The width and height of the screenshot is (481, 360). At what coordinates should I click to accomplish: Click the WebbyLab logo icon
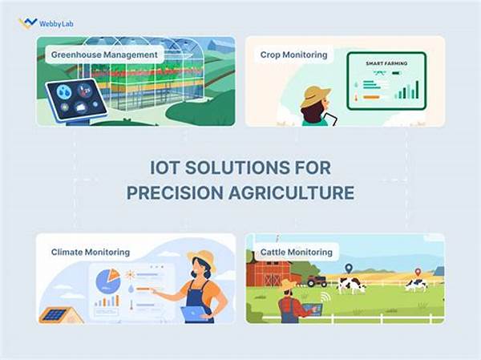(x=27, y=23)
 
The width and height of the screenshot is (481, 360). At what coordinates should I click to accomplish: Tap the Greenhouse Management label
(x=104, y=55)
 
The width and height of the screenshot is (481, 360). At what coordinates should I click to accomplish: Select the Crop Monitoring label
(x=293, y=55)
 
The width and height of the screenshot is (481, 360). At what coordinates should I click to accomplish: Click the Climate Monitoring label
(x=91, y=252)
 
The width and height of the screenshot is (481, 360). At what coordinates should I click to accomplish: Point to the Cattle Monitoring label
(x=297, y=252)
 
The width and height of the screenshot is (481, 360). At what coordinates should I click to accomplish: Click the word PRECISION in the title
(x=175, y=192)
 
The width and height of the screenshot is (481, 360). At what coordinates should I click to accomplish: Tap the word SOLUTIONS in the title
(x=237, y=168)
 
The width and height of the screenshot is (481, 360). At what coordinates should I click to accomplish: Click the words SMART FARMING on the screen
(x=386, y=63)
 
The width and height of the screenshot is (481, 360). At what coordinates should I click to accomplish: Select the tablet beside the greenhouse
(x=76, y=99)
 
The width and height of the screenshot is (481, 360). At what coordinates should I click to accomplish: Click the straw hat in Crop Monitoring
(x=315, y=96)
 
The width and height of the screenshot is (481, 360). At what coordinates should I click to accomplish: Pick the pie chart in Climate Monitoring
(x=108, y=281)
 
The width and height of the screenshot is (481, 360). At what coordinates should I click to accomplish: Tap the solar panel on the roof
(x=54, y=314)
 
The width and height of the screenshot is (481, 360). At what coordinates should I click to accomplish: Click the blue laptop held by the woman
(x=194, y=313)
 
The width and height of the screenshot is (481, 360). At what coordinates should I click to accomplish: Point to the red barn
(x=269, y=273)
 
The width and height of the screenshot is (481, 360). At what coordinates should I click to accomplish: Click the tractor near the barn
(x=317, y=281)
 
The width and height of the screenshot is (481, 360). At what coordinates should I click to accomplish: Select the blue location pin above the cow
(x=348, y=269)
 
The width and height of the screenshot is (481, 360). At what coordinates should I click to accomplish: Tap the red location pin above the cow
(x=418, y=273)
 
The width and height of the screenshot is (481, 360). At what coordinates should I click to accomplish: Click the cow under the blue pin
(x=351, y=285)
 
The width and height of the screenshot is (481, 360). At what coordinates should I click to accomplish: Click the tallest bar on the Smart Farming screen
(x=417, y=89)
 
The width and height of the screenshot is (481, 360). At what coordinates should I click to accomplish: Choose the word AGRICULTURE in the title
(x=291, y=192)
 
